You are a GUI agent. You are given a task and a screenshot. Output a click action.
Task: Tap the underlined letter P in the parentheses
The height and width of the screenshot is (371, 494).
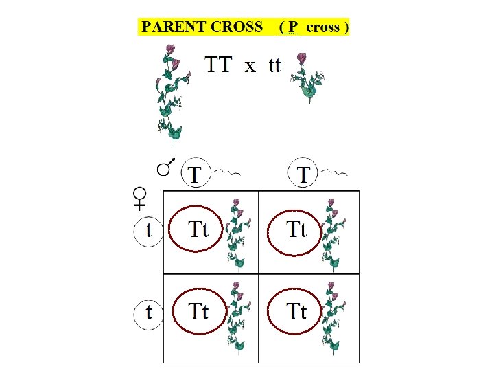click(x=292, y=27)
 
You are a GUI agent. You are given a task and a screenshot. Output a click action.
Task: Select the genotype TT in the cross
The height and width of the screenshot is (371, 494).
click(x=218, y=65)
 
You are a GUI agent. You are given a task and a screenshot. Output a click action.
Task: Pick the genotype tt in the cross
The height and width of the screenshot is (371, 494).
click(x=274, y=65)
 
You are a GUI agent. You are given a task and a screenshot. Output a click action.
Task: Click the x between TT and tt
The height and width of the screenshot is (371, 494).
click(x=250, y=66)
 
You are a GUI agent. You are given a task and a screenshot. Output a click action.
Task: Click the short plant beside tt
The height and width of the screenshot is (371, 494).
click(x=307, y=77)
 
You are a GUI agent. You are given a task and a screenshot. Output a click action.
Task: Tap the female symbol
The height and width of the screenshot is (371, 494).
click(x=139, y=198)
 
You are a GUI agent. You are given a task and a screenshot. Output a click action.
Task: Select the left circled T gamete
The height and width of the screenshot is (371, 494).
click(x=196, y=173)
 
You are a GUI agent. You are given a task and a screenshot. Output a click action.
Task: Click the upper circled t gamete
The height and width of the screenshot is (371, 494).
click(x=149, y=230)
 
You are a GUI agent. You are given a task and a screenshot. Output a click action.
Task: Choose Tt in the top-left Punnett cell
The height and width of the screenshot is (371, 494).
click(x=198, y=230)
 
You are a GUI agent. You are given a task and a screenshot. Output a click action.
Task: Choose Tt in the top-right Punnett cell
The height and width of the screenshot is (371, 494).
click(x=296, y=230)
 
